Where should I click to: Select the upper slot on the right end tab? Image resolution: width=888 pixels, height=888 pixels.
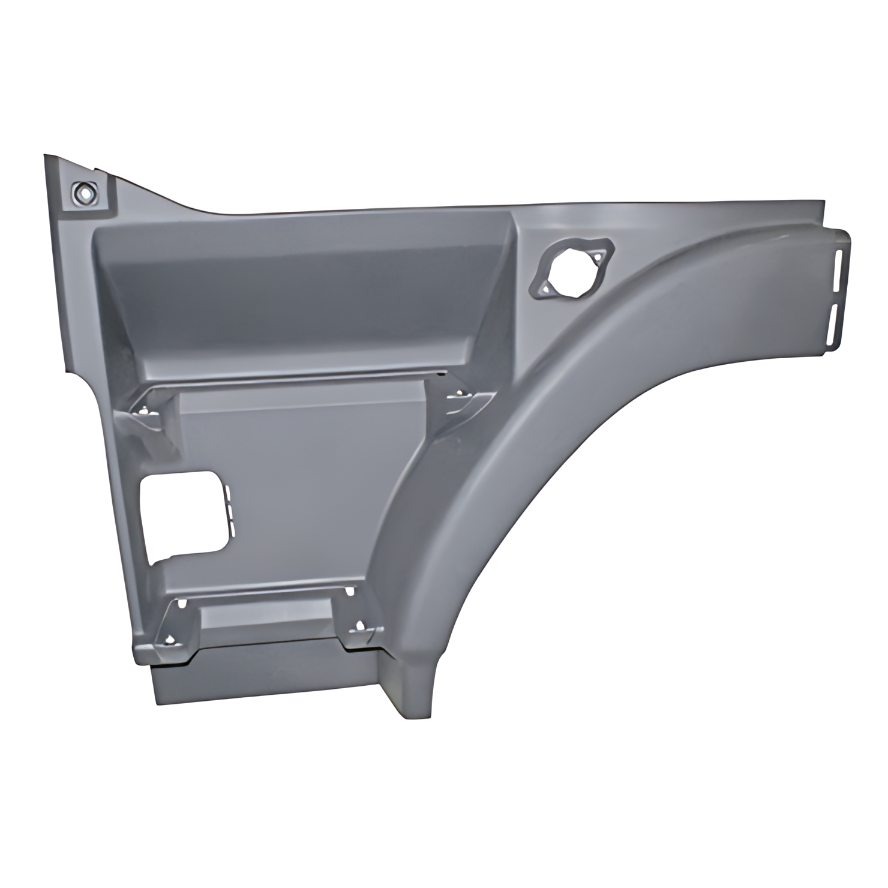[x=836, y=268]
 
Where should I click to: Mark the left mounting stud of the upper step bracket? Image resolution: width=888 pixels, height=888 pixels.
[x=145, y=410]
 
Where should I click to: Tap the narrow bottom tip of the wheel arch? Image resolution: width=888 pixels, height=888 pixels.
[x=414, y=702]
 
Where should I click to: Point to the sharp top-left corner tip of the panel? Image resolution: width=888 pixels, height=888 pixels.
[x=46, y=157]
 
